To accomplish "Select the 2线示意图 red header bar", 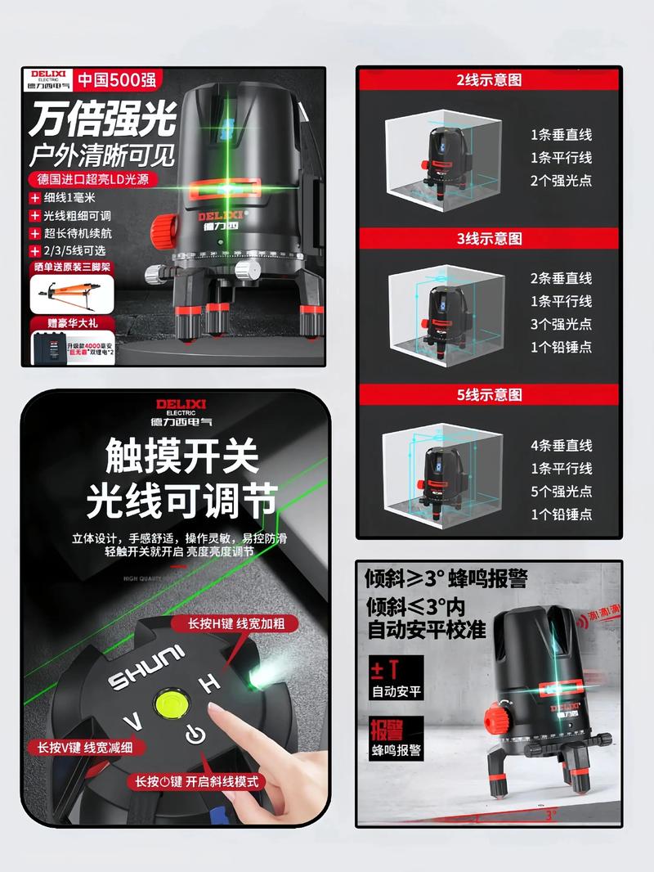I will tap(488, 80).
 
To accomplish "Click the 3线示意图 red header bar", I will tap(488, 238).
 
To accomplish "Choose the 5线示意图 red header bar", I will tap(488, 394).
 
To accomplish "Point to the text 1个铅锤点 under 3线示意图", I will tap(561, 347).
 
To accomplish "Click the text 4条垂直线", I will tap(561, 446).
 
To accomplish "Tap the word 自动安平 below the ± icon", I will tap(396, 691).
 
